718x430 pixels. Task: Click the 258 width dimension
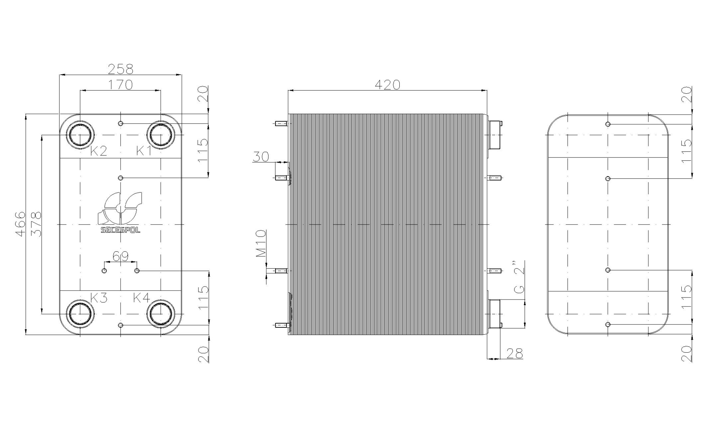[121, 69]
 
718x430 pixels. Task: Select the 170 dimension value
[121, 85]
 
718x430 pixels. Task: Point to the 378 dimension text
[36, 224]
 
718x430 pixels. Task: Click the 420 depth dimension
[387, 85]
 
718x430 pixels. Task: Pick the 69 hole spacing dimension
[121, 256]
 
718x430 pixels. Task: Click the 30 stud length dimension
[261, 156]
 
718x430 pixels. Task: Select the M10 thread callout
[261, 244]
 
